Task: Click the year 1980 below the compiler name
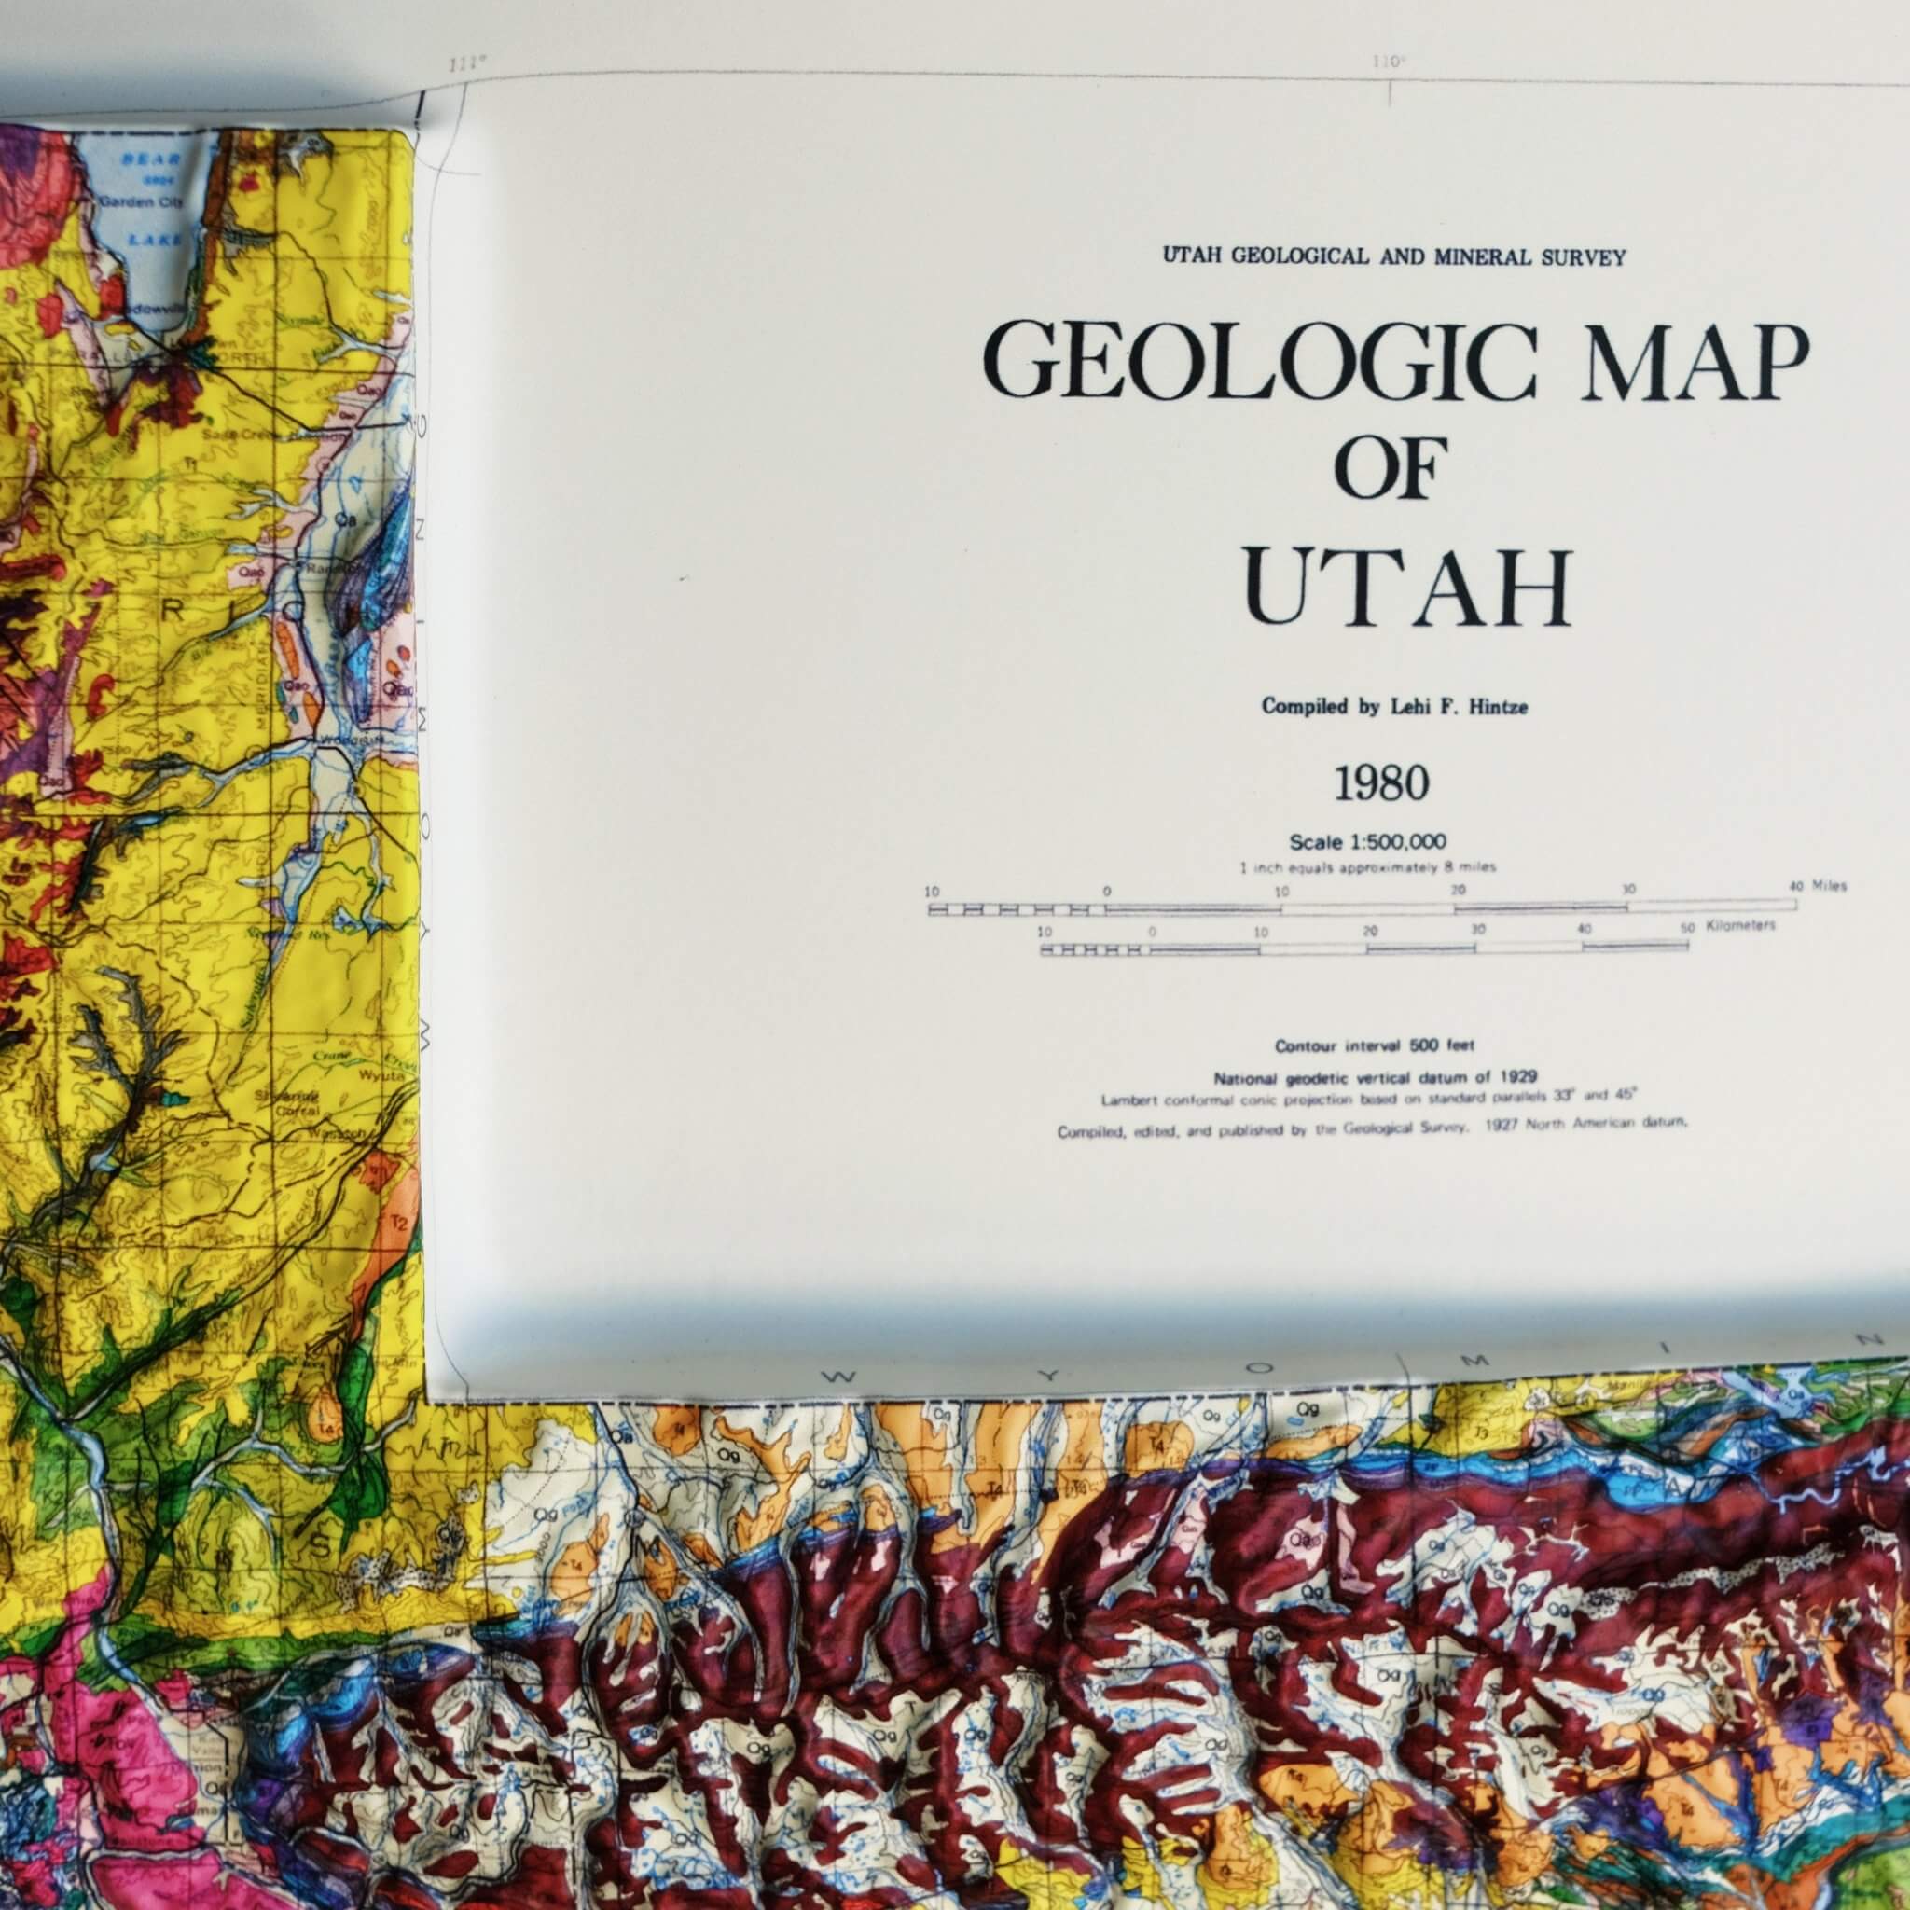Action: (x=1381, y=784)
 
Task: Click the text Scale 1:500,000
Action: (x=1367, y=842)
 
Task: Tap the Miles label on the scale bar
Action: (x=1830, y=886)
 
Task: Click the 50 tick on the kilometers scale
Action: (x=1687, y=927)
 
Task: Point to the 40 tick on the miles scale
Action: (x=1796, y=887)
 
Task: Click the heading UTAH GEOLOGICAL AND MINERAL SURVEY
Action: (x=1394, y=257)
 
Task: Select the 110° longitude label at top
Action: (x=1389, y=62)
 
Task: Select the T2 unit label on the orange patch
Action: (x=400, y=1223)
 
